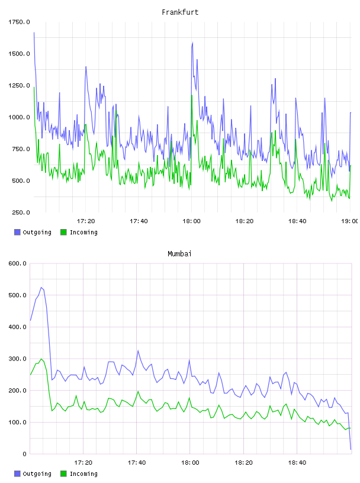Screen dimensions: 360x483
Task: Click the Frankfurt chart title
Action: click(x=180, y=12)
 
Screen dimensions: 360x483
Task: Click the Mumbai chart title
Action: click(x=179, y=254)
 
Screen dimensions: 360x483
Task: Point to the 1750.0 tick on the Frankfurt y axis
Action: click(x=19, y=22)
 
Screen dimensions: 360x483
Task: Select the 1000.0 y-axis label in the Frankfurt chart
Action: click(x=19, y=117)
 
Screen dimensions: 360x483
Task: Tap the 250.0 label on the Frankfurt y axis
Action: click(x=21, y=212)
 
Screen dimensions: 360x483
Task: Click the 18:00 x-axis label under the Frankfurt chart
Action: click(x=191, y=221)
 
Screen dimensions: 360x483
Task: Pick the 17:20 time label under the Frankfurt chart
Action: click(x=86, y=221)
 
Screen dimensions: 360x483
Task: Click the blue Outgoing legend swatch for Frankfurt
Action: click(x=17, y=232)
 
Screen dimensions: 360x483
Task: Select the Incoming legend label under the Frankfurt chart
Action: click(x=83, y=232)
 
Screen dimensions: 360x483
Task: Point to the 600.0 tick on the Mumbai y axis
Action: click(x=18, y=263)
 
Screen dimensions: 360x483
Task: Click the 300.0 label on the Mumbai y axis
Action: click(x=18, y=359)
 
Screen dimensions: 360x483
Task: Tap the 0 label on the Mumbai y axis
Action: click(x=24, y=454)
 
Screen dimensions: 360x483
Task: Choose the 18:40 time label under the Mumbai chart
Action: click(x=297, y=463)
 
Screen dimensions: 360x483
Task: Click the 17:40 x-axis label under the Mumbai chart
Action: click(x=137, y=463)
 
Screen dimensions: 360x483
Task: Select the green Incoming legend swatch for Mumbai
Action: click(x=63, y=474)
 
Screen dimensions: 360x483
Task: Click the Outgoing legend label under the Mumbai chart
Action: click(x=37, y=474)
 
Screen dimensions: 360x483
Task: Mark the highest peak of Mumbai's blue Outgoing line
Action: click(x=41, y=288)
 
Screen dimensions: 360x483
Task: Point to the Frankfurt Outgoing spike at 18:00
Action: click(x=192, y=43)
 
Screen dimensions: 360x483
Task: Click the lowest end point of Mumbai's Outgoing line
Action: click(x=351, y=449)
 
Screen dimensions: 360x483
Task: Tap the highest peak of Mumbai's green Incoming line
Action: click(x=41, y=359)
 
